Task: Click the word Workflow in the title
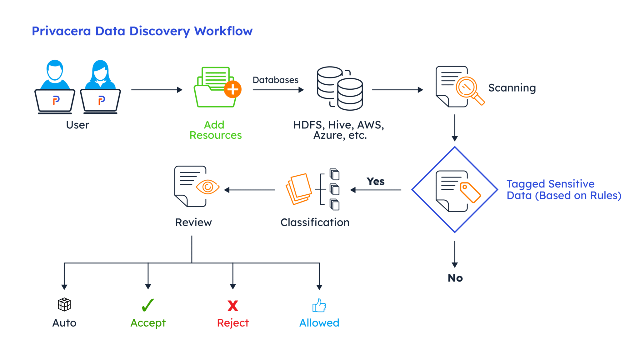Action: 223,31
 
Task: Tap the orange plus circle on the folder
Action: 233,90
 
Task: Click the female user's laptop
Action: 100,101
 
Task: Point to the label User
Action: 77,125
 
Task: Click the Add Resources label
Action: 215,130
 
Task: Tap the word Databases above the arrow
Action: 275,80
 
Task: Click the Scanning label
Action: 512,88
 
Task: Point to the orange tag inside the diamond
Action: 470,192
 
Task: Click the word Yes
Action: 375,181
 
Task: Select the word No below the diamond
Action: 455,278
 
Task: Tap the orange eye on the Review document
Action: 207,187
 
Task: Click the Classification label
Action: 315,222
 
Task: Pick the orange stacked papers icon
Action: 299,189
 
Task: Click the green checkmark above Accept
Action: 147,305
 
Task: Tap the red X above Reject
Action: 233,306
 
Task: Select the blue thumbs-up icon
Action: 319,305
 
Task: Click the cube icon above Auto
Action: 64,304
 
